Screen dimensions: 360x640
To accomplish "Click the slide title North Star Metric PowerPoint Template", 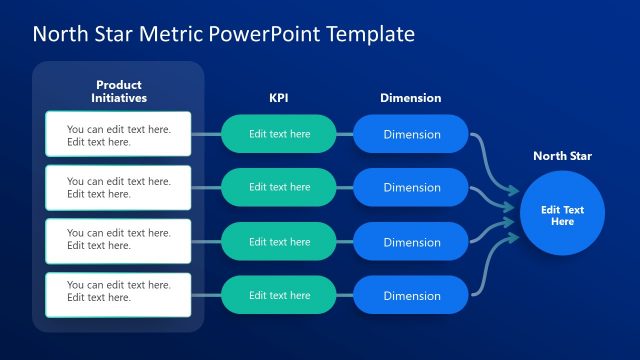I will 223,34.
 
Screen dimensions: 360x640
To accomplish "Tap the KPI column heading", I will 279,98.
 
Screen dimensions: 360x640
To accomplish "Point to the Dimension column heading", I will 411,98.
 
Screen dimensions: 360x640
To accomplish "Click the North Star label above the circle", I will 562,156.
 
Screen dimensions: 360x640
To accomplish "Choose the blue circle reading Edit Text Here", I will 562,215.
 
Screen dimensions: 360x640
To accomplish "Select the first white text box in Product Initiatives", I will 118,135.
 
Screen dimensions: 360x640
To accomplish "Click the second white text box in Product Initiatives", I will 118,188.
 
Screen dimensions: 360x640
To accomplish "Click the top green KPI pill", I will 279,134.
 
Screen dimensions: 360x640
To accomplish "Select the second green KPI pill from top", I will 279,187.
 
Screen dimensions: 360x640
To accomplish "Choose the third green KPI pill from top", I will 279,242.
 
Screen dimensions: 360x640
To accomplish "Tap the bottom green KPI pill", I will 279,295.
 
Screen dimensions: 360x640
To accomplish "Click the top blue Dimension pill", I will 411,134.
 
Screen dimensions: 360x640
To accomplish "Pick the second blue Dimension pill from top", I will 411,187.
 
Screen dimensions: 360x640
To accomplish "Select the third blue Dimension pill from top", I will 411,242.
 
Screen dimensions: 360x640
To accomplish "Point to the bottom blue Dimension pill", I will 411,295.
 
